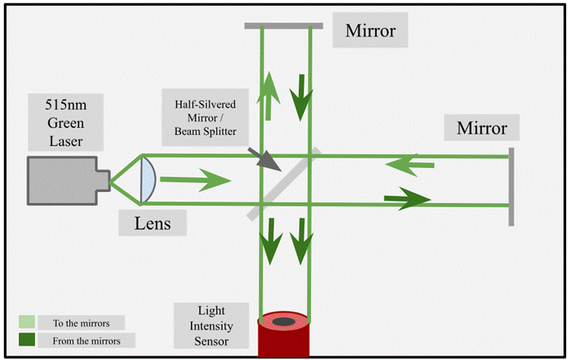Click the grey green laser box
(66, 180)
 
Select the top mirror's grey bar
(283, 25)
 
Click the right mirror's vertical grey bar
(512, 186)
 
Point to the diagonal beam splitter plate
(284, 183)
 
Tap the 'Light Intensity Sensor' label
(211, 326)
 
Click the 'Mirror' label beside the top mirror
(370, 31)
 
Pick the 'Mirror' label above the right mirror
(482, 127)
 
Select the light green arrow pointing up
(265, 96)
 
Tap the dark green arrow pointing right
(407, 198)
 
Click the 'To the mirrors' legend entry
(71, 323)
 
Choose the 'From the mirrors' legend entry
(71, 341)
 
